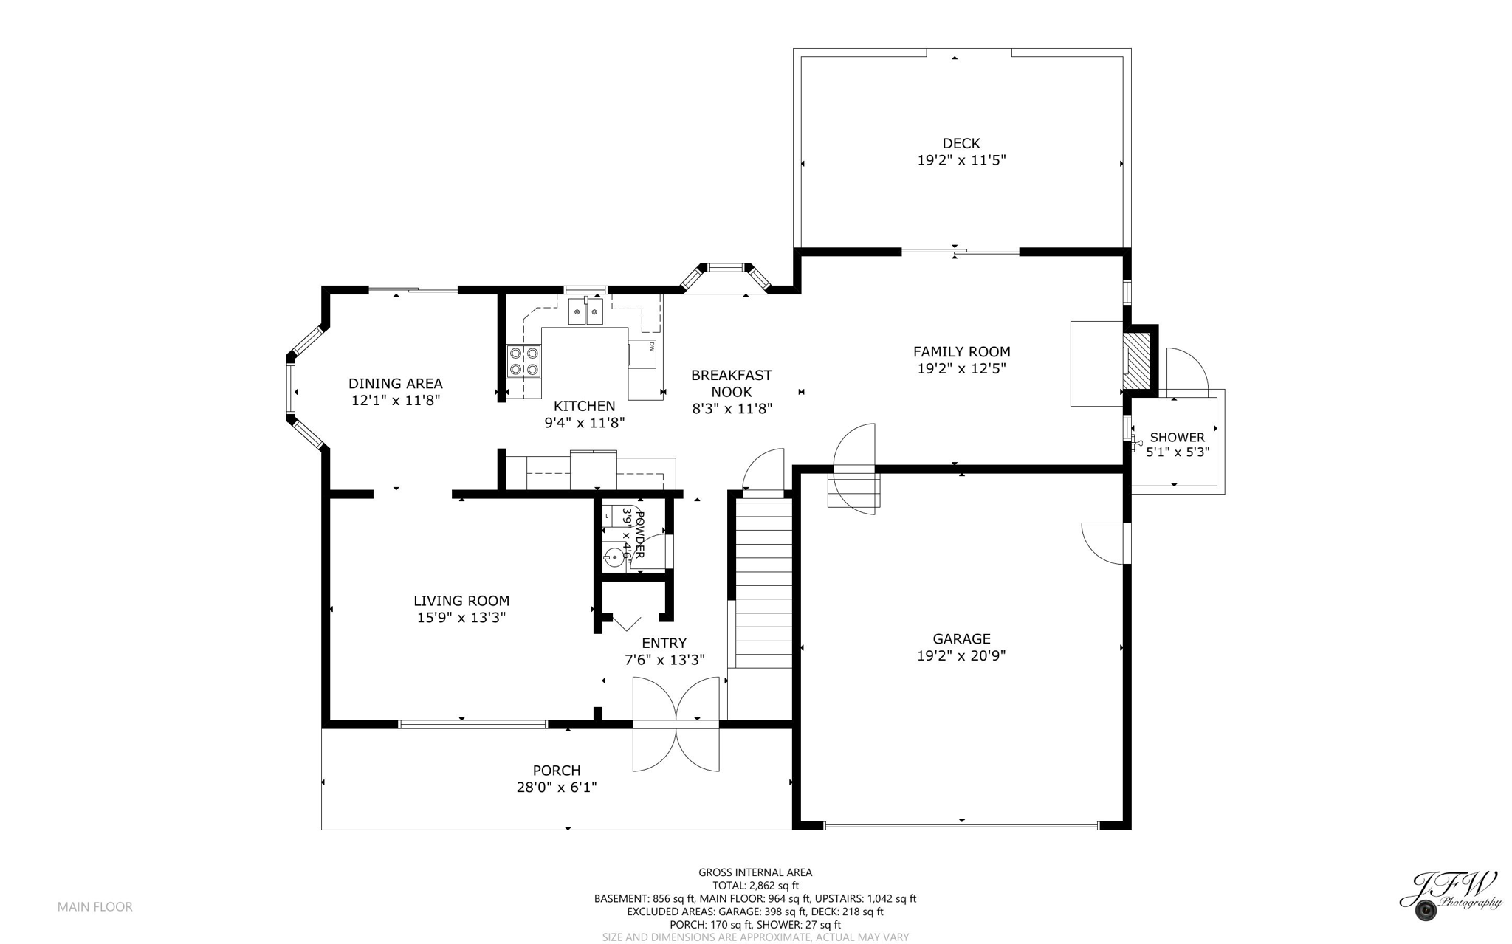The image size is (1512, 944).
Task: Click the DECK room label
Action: (961, 143)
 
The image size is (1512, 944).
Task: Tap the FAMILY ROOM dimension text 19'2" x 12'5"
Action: (961, 369)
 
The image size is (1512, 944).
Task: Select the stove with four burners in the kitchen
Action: (523, 362)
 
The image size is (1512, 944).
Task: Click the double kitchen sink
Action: (585, 311)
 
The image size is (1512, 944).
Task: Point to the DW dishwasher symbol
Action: (643, 354)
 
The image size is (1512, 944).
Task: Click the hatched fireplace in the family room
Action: (1137, 360)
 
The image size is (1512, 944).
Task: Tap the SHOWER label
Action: (1177, 437)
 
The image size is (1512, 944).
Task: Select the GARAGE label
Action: (961, 638)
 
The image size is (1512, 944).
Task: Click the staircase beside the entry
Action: (763, 583)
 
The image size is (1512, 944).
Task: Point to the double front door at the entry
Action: (676, 725)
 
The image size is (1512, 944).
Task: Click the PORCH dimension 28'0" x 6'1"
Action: (556, 788)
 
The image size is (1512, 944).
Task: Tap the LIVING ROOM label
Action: (461, 601)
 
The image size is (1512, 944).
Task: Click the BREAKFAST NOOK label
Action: (731, 384)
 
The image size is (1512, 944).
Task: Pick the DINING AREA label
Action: (395, 383)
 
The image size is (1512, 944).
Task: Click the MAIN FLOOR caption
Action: (94, 907)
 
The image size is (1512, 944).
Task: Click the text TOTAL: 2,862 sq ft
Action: (755, 886)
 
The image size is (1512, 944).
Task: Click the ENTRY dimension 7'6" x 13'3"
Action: (664, 660)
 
